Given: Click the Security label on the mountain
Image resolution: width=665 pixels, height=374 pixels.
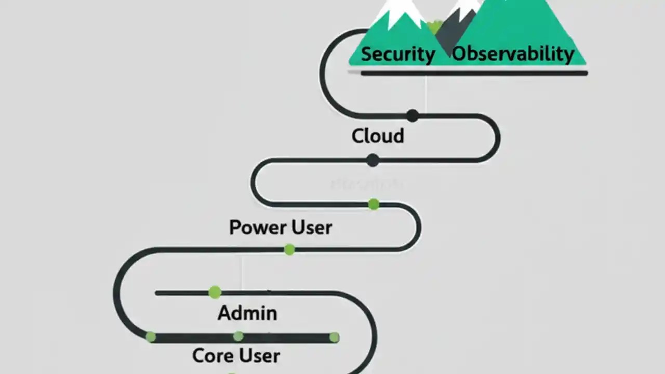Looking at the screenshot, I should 397,54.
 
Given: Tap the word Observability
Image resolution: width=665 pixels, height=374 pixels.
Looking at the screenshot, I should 513,54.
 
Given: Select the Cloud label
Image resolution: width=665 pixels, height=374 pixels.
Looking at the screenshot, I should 378,136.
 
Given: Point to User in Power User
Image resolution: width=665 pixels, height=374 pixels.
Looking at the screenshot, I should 312,228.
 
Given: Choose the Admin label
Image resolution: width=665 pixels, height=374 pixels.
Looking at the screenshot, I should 247,313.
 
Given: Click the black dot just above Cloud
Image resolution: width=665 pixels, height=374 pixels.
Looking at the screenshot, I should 412,115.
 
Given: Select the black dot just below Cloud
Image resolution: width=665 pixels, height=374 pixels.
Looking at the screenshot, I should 373,160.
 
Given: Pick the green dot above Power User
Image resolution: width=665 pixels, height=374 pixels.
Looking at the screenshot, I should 373,204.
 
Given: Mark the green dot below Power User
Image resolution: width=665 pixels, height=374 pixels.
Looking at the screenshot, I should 289,250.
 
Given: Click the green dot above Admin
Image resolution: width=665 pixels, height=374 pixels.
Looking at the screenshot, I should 215,292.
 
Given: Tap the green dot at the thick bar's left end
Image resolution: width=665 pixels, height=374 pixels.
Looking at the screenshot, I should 151,337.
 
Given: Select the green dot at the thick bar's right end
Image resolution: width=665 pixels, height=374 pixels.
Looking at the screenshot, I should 334,338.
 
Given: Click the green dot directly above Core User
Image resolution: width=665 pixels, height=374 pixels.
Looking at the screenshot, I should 238,337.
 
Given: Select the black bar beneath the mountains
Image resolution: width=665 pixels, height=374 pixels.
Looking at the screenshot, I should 474,73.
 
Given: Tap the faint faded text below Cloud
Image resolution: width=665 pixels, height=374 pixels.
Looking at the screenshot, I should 366,184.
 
